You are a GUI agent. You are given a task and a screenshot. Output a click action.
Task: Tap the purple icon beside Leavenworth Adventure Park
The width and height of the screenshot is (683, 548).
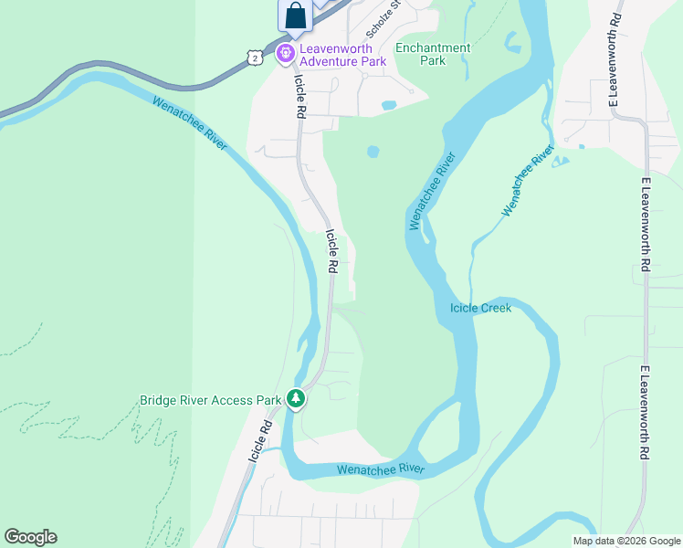pyautogui.click(x=286, y=53)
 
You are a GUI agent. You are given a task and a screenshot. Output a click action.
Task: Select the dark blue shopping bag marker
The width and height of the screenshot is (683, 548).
pyautogui.click(x=294, y=16)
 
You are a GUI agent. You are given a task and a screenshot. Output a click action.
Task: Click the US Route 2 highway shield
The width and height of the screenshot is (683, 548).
pyautogui.click(x=256, y=57)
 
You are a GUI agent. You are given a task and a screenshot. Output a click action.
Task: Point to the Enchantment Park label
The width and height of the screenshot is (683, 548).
pyautogui.click(x=433, y=54)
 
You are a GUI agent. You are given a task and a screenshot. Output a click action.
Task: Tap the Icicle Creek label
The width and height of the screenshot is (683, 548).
pyautogui.click(x=480, y=308)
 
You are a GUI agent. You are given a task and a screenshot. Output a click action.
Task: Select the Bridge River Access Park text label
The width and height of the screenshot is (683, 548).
pyautogui.click(x=210, y=400)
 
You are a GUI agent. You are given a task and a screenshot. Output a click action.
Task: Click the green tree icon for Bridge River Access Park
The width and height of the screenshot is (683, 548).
pyautogui.click(x=295, y=399)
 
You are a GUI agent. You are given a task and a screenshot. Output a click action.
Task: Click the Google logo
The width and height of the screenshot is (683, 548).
pyautogui.click(x=30, y=537)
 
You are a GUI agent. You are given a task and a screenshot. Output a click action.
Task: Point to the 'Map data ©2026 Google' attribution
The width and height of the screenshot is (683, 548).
pyautogui.click(x=626, y=541)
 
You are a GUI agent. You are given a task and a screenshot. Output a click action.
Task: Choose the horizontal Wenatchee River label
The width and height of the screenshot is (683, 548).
pyautogui.click(x=381, y=469)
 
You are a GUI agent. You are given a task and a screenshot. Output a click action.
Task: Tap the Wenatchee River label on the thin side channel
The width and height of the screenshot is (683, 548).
pyautogui.click(x=528, y=180)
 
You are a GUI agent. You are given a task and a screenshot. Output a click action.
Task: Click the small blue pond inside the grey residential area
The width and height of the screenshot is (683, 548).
pyautogui.click(x=388, y=105)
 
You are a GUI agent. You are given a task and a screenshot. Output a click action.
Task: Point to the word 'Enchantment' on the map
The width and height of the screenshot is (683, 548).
pyautogui.click(x=433, y=47)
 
